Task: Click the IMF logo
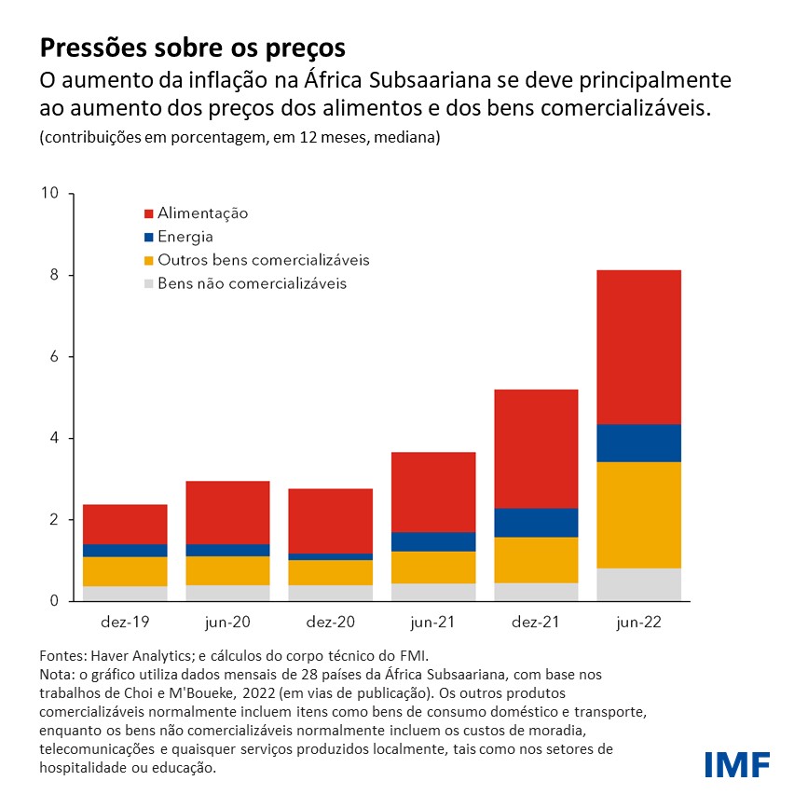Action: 737,764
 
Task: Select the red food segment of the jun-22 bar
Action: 639,347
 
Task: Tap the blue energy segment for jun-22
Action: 639,443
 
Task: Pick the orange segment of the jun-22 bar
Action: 639,514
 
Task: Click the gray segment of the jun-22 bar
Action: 639,584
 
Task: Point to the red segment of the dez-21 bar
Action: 536,448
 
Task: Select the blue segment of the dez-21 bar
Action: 536,523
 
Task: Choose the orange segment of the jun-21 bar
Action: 433,568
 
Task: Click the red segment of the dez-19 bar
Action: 125,524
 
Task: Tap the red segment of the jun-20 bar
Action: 227,513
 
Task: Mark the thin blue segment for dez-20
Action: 331,556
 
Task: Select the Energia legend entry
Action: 185,237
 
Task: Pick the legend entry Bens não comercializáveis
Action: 252,283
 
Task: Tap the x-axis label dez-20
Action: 331,623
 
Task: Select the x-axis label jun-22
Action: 639,623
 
